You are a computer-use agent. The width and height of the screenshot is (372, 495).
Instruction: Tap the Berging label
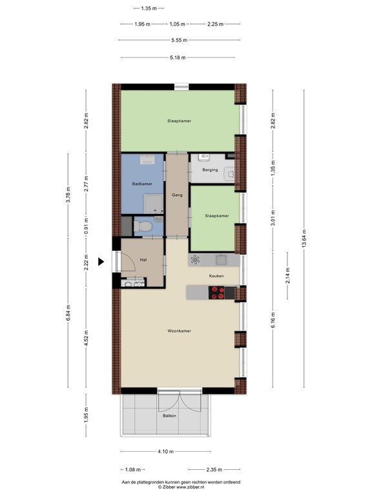tap(210, 170)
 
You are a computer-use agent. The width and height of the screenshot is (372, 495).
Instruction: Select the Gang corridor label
tap(177, 195)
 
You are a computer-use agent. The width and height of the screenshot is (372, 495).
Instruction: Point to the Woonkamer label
tap(179, 331)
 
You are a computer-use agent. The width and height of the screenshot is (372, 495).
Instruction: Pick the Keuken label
tap(216, 276)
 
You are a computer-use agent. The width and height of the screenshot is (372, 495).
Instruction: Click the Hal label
tap(143, 260)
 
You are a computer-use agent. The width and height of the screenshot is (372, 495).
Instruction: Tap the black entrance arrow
tap(101, 262)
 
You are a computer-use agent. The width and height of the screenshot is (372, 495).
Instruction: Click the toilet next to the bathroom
tap(145, 226)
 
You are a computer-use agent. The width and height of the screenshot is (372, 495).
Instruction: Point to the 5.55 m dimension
tap(179, 40)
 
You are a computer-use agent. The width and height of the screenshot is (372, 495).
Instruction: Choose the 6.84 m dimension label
tap(69, 321)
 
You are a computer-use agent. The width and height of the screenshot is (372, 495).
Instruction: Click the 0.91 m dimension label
tap(86, 228)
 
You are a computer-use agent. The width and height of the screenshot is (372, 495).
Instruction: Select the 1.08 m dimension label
tap(132, 470)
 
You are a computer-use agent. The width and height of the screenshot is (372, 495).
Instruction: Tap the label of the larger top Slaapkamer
tap(179, 121)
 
